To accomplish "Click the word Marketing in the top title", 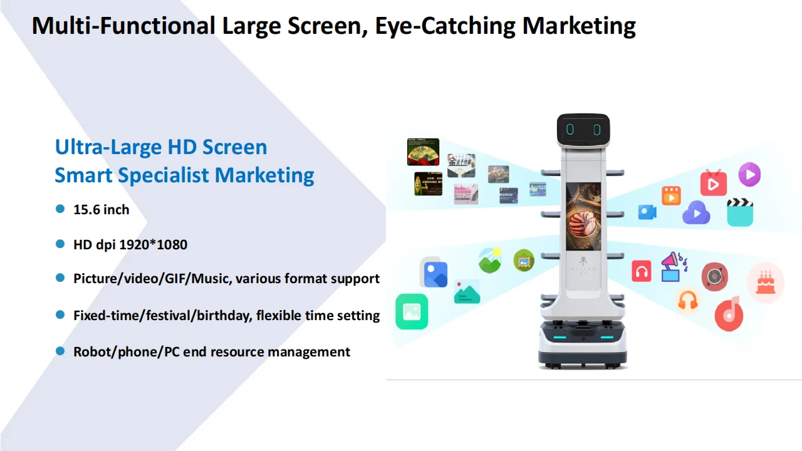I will (579, 26).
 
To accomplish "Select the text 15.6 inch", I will (101, 210).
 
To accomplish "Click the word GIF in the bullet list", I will (175, 278).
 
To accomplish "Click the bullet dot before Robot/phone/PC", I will (60, 351).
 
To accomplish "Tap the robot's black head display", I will (583, 130).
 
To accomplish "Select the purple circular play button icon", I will (749, 174).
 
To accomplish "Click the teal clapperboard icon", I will (739, 212).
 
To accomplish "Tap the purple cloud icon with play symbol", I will (695, 213).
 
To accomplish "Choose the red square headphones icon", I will (641, 271).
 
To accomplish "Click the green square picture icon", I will (412, 311).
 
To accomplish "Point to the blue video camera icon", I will (647, 212).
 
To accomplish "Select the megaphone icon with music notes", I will (673, 266).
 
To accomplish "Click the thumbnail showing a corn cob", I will (428, 184).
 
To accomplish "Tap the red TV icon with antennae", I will (713, 182).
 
